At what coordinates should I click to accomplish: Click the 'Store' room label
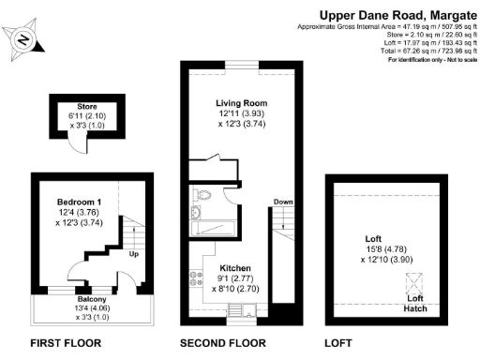coord(74,106)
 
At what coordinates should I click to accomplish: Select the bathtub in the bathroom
coord(214,226)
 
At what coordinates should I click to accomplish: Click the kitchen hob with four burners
coord(198,277)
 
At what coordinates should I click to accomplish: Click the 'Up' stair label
coord(133,254)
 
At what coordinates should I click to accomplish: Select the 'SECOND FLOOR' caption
coord(223,342)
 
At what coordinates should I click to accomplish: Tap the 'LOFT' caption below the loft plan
coord(339,342)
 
